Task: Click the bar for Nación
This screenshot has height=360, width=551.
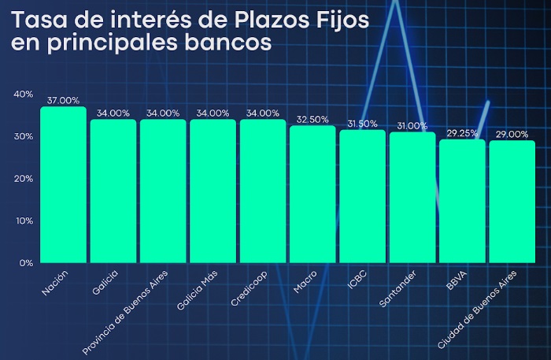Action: point(63,184)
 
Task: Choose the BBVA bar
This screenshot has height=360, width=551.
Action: point(462,201)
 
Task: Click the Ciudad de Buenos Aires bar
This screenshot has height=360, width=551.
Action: point(512,202)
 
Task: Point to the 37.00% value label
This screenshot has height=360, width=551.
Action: point(63,101)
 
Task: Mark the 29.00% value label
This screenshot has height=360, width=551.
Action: point(512,135)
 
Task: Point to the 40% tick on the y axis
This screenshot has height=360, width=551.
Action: point(23,95)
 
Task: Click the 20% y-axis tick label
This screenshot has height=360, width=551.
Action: point(23,179)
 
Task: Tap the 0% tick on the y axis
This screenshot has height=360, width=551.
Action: point(26,263)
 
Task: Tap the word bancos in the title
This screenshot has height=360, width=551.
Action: point(228,43)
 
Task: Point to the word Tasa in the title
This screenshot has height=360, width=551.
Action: point(39,20)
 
